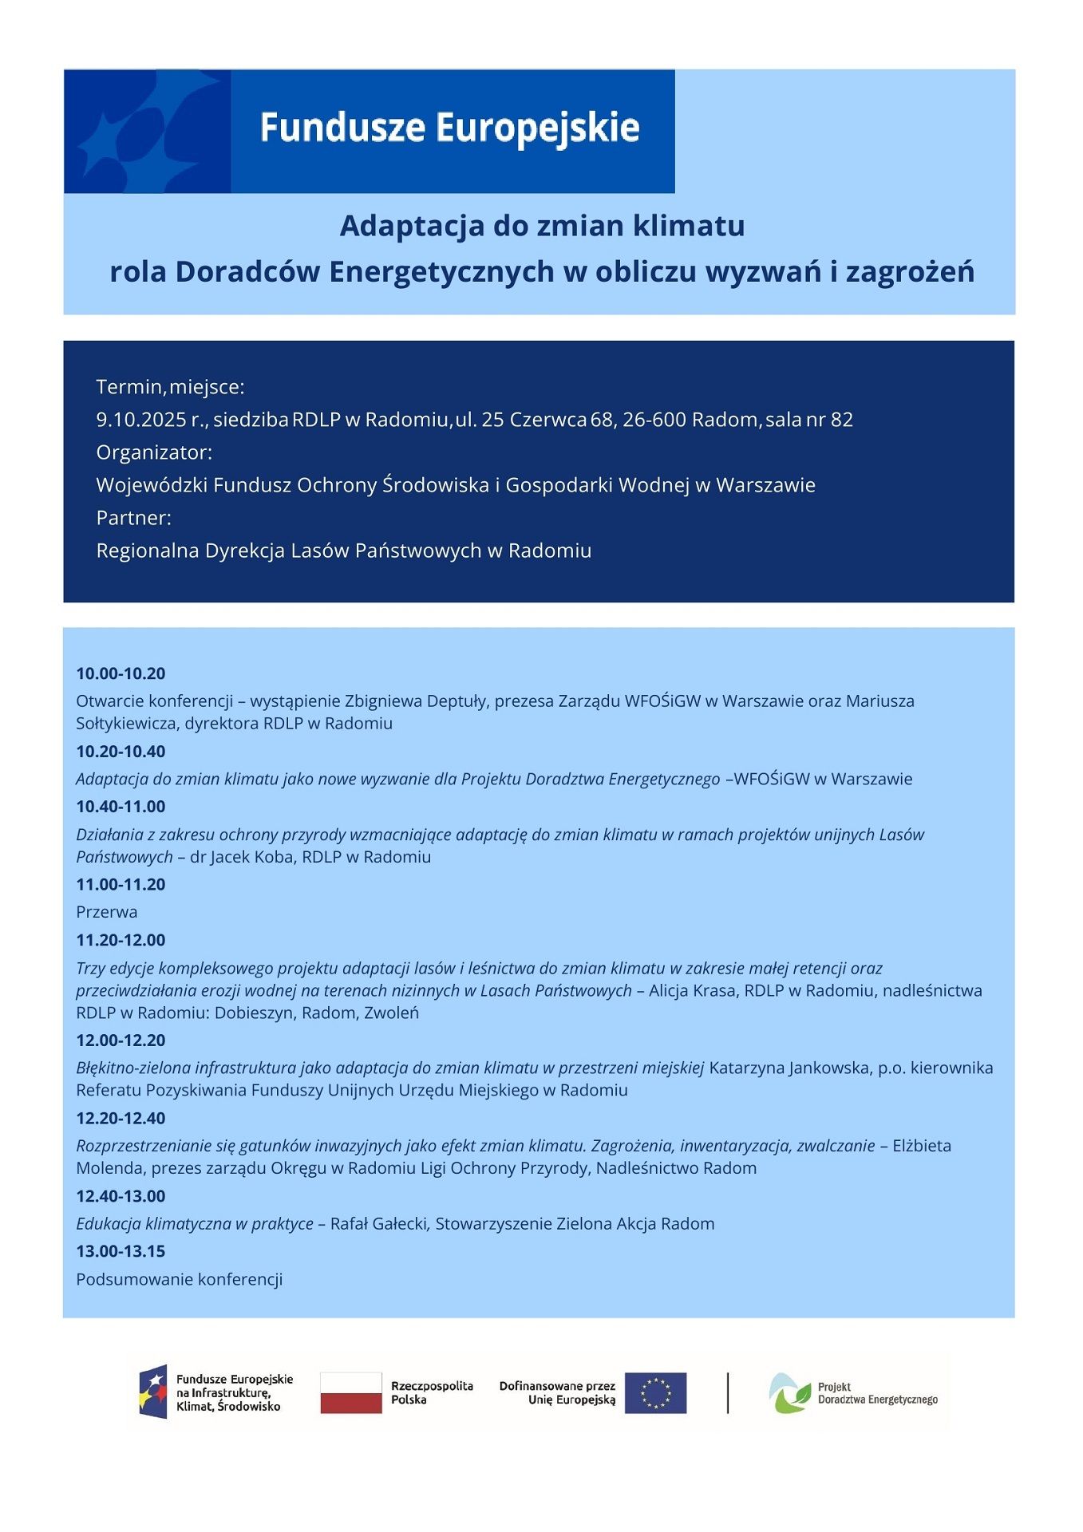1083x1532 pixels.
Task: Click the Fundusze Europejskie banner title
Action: coord(449,128)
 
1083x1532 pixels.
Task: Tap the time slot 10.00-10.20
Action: coord(121,673)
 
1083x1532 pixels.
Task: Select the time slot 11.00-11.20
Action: coord(121,884)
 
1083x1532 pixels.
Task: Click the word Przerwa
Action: coord(106,912)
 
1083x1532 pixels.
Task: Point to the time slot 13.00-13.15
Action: coord(121,1251)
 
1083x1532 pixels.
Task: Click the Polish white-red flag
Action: coord(351,1392)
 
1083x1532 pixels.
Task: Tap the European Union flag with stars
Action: coord(655,1392)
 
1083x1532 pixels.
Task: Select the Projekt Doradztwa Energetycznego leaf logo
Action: coord(789,1393)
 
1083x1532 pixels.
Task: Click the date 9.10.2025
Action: coord(140,420)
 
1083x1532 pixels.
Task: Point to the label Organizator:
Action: coord(154,452)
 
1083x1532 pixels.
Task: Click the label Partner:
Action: coord(133,518)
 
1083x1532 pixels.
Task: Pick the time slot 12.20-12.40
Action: coord(121,1118)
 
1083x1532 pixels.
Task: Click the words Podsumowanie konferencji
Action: coord(180,1279)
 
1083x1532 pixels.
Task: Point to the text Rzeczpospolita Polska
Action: coord(431,1392)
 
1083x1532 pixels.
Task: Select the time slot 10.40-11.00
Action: coord(121,807)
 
